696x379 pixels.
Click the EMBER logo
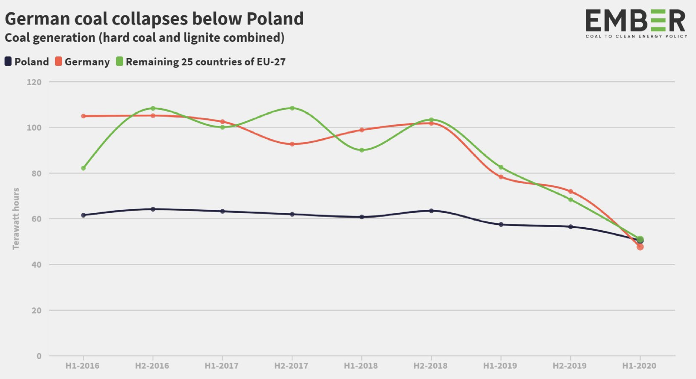636,23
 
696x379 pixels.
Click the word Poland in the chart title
275,19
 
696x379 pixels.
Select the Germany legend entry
83,62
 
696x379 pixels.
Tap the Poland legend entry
27,62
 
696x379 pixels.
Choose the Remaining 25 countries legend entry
201,62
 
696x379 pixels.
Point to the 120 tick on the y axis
34,82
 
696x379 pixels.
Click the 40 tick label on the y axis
36,265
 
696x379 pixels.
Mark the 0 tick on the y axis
39,356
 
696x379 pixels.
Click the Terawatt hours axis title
16,218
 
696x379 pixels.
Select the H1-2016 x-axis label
82,366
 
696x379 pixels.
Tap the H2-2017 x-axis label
291,366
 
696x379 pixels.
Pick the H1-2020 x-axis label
639,366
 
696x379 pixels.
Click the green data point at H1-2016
83,168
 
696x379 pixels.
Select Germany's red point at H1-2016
83,116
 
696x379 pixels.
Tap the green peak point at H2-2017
292,108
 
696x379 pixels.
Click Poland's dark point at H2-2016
153,209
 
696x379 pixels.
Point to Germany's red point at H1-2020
640,247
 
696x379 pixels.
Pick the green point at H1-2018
362,150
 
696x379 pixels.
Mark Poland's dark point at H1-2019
501,224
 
